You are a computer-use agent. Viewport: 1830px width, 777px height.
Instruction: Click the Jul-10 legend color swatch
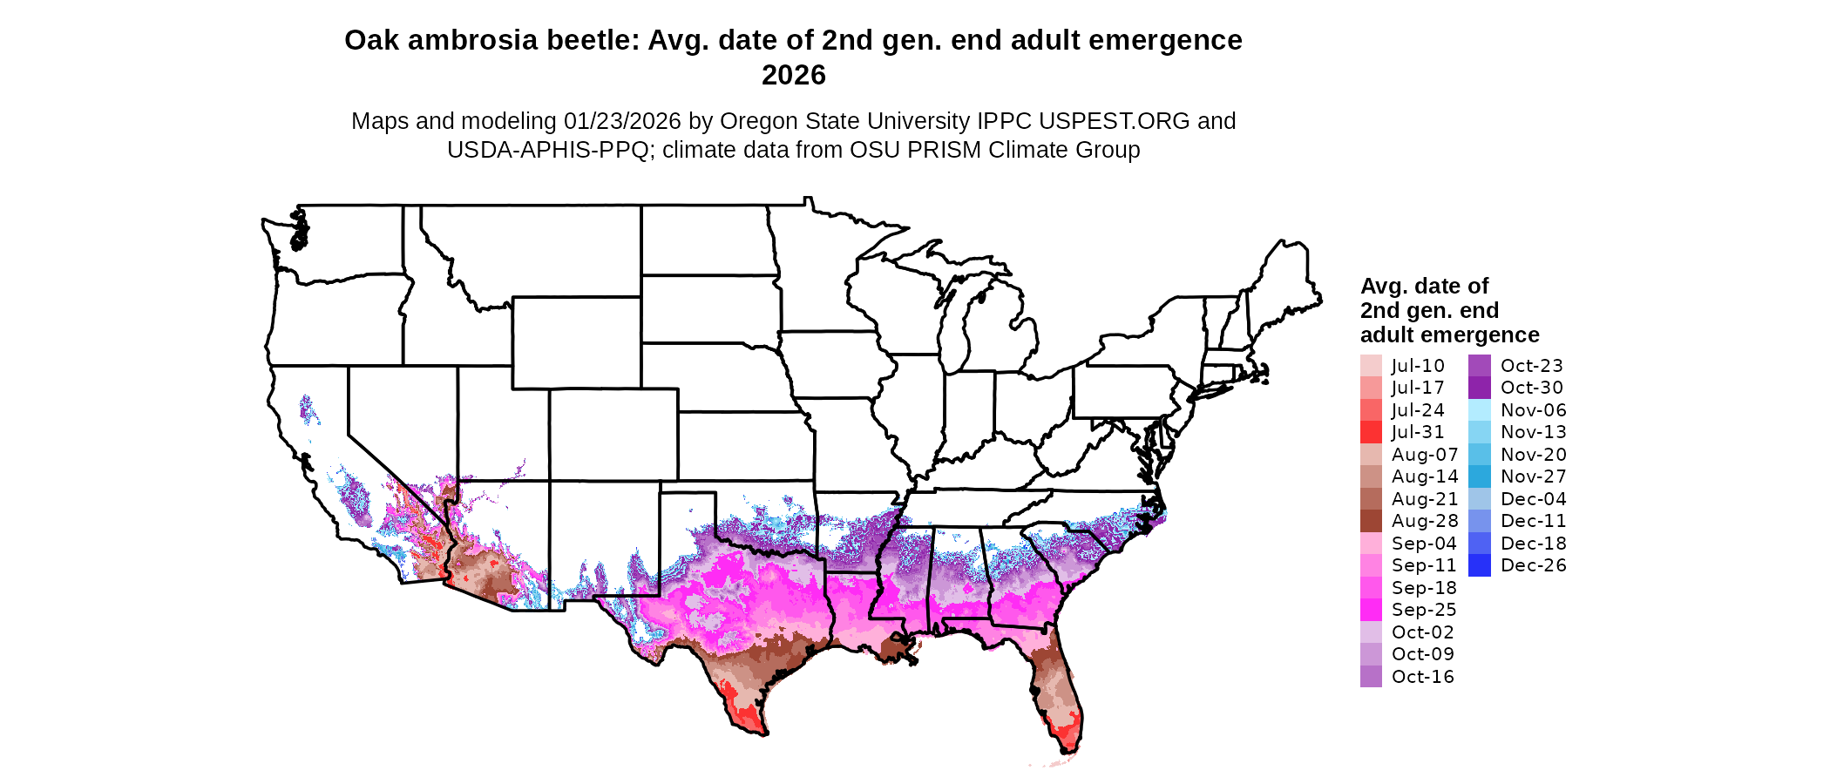pos(1371,366)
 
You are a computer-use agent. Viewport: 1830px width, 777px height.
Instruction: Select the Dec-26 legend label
pos(1533,565)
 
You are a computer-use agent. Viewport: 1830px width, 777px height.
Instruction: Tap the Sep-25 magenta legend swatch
pos(1371,610)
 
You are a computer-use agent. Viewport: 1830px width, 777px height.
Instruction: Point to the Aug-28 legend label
pos(1424,521)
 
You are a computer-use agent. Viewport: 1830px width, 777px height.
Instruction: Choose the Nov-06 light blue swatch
pos(1480,410)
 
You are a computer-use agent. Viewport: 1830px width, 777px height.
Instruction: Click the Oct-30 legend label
pos(1531,388)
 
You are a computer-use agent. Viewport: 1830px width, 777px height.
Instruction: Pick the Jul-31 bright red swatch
pos(1371,432)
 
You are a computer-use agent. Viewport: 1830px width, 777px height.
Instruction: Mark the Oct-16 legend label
pos(1422,677)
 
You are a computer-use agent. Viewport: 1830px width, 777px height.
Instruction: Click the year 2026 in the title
pos(793,76)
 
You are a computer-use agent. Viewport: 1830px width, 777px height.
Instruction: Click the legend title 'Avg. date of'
pos(1424,287)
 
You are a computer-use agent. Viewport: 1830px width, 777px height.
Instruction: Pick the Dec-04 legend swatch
pos(1480,499)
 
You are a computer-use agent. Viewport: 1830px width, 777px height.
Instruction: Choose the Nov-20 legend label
pos(1533,455)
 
